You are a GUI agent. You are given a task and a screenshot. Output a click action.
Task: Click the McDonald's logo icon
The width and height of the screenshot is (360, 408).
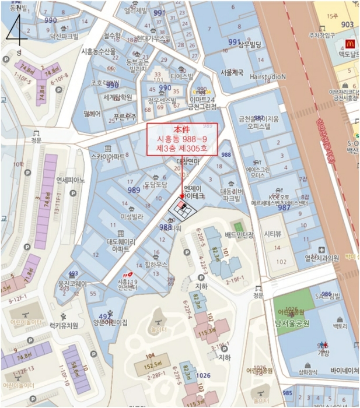(x=350, y=43)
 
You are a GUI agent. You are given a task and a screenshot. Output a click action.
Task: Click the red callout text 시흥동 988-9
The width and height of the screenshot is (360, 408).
(x=182, y=139)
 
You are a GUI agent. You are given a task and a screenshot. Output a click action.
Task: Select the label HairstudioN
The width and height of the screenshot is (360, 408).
(x=268, y=76)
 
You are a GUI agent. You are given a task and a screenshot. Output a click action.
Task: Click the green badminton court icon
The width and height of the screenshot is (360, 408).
(x=237, y=226)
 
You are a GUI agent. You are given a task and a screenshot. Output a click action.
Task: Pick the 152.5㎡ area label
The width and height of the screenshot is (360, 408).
(x=152, y=365)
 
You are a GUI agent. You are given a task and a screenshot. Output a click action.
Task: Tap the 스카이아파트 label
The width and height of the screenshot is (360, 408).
(x=107, y=157)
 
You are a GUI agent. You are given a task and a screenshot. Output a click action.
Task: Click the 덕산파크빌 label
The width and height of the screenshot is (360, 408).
(x=64, y=36)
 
